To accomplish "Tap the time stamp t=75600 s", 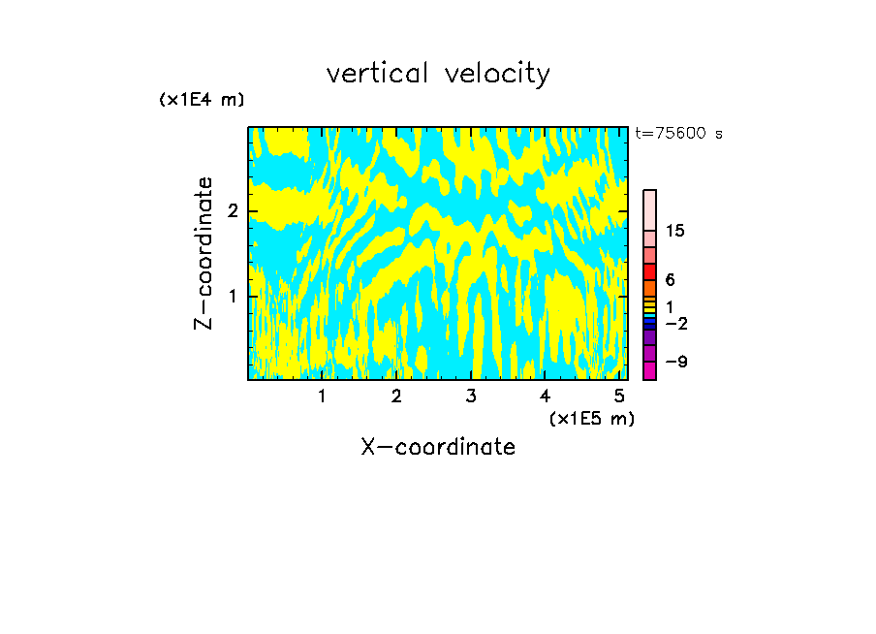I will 678,134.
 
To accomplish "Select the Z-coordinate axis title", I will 203,253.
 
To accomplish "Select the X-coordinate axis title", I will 438,447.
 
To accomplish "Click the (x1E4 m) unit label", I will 202,100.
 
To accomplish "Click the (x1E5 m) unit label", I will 591,418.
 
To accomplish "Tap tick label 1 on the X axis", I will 323,396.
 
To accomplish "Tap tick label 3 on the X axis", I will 471,396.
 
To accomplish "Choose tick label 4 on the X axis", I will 545,396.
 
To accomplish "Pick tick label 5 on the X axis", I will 619,396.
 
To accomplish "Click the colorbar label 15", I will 675,231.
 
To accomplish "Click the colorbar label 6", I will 670,280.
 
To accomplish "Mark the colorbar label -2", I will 675,323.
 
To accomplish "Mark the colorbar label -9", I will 675,362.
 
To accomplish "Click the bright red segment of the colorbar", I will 650,271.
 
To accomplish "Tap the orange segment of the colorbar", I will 650,288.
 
